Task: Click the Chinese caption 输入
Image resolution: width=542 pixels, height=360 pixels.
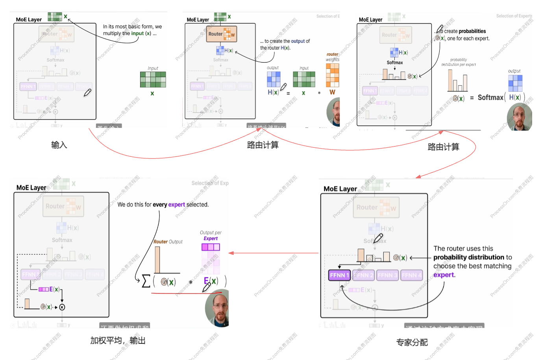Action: click(x=59, y=145)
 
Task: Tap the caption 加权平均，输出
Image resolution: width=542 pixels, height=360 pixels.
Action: click(x=118, y=341)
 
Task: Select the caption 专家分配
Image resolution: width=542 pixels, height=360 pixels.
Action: click(x=412, y=342)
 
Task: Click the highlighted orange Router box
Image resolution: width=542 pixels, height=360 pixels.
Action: click(x=222, y=34)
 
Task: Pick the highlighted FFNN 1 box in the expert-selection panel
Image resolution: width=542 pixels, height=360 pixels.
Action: click(x=339, y=275)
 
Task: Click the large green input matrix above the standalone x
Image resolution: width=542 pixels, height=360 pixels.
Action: click(x=153, y=79)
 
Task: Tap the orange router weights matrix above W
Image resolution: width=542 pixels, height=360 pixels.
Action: click(x=332, y=75)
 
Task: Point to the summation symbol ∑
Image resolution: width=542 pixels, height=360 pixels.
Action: click(x=146, y=281)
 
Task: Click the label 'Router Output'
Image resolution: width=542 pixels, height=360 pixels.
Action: click(x=168, y=242)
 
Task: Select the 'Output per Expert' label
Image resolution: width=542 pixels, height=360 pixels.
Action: click(x=211, y=235)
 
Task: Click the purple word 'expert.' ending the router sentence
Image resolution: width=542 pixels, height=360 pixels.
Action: click(x=444, y=275)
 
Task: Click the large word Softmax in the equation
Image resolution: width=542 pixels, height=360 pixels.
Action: click(x=490, y=98)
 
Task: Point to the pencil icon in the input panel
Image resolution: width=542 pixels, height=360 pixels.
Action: click(x=87, y=93)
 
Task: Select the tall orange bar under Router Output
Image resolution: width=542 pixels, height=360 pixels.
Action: click(x=157, y=260)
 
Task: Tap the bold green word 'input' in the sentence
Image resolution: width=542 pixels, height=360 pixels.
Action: click(x=137, y=33)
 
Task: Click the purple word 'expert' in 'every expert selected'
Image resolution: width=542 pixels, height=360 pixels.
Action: click(x=176, y=205)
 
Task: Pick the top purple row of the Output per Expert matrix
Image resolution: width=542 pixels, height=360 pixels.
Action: click(x=211, y=247)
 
